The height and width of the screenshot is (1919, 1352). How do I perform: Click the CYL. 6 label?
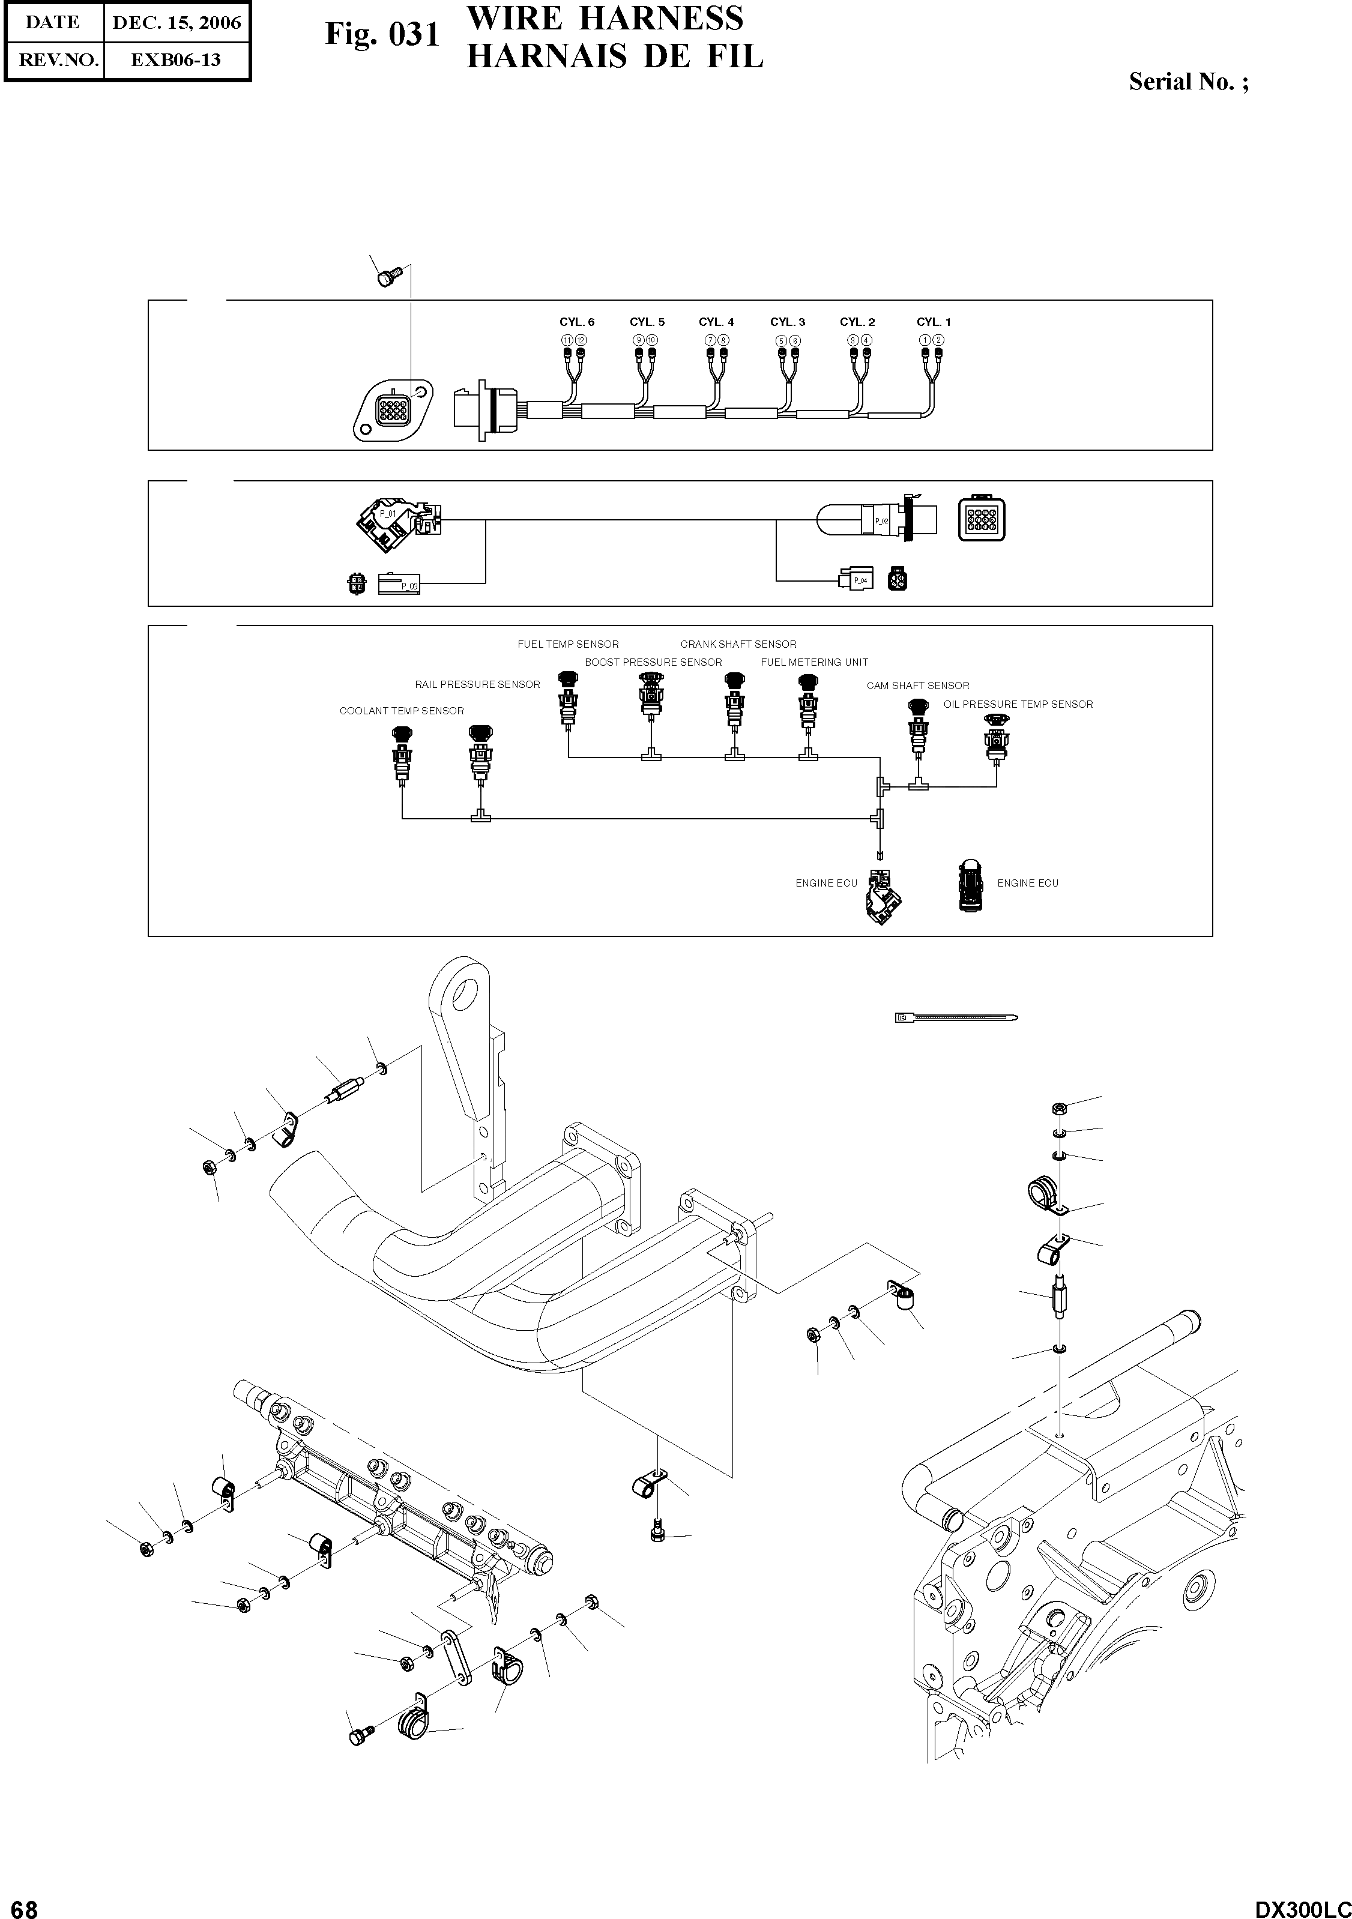tap(577, 322)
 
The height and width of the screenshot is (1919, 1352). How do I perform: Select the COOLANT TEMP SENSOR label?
tap(401, 711)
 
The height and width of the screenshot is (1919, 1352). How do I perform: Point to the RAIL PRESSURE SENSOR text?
tap(477, 684)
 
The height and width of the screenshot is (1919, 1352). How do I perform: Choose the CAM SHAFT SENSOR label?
tap(917, 686)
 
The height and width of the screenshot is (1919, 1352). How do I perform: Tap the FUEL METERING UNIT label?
tap(813, 662)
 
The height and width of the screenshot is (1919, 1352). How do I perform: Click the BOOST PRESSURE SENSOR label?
tap(653, 662)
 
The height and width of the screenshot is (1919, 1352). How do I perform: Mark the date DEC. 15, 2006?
tap(177, 23)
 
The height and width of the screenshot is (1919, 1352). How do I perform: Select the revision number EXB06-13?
tap(177, 60)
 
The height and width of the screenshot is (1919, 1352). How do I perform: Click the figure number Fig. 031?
tap(382, 35)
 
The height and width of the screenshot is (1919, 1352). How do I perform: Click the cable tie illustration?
tap(956, 1017)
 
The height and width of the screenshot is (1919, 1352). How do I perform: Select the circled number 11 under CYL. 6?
tap(567, 340)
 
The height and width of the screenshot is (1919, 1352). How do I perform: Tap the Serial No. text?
tap(1188, 82)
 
